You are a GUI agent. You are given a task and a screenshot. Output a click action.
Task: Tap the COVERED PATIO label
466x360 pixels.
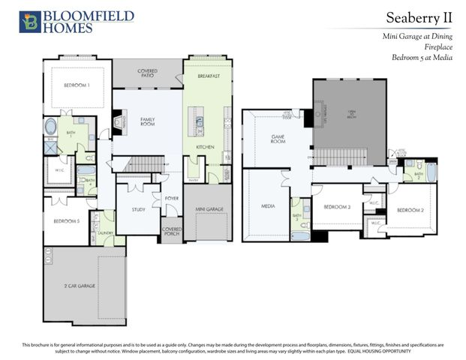(147, 73)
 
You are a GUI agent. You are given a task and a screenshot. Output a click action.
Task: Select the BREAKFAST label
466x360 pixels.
(209, 76)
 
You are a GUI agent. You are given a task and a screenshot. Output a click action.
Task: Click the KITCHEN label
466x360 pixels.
(205, 147)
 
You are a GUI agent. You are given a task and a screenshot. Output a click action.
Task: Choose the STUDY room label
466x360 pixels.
(138, 209)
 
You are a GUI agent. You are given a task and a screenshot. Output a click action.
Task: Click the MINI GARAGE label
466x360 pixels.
(209, 209)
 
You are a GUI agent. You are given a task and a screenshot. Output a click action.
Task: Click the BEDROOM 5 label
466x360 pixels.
(66, 220)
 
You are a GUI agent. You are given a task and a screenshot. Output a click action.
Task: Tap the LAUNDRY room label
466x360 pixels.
(105, 232)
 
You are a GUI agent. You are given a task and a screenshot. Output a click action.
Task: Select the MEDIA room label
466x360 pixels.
(267, 206)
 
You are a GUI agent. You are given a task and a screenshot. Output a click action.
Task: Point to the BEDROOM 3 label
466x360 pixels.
(337, 206)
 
